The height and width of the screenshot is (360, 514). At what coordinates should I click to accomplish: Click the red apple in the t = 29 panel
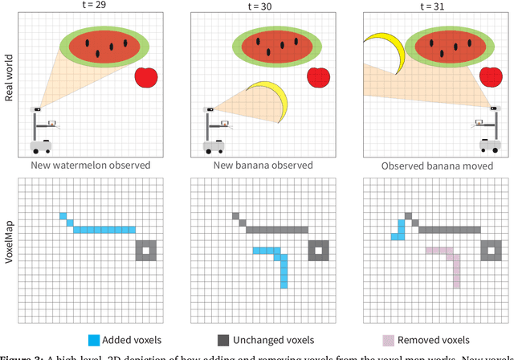pyautogui.click(x=146, y=77)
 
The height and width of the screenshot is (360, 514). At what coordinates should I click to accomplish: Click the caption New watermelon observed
pyautogui.click(x=90, y=165)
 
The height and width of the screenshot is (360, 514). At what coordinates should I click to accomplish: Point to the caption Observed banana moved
pyautogui.click(x=436, y=165)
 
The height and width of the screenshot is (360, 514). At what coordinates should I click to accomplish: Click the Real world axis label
pyautogui.click(x=9, y=84)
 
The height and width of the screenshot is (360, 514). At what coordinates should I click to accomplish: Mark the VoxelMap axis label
pyautogui.click(x=9, y=245)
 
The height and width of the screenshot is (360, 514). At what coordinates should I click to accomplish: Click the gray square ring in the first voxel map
pyautogui.click(x=145, y=251)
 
